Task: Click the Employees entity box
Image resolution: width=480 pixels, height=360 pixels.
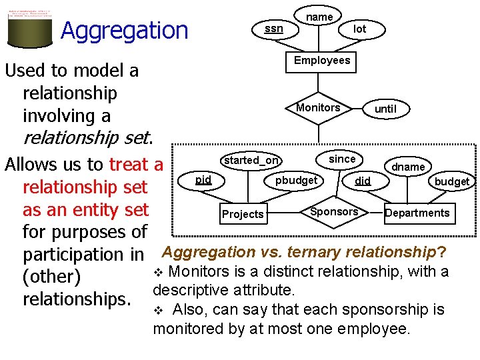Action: [322, 61]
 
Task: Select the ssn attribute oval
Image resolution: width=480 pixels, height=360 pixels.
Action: [273, 29]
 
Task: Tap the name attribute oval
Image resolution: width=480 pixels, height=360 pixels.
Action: [319, 15]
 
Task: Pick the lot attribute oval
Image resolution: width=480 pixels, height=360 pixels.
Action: [359, 29]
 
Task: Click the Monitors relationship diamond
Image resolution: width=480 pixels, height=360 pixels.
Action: [318, 108]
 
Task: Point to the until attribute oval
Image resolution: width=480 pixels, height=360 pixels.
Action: [385, 109]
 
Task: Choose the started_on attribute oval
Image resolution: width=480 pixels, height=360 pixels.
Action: [251, 160]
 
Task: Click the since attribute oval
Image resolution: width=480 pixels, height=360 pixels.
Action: [342, 159]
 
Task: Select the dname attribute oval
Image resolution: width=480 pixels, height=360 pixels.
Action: [408, 167]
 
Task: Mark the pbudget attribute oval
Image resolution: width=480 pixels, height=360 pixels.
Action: [297, 181]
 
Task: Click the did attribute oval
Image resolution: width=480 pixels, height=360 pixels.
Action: [363, 181]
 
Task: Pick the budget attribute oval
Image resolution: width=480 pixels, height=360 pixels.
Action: [452, 181]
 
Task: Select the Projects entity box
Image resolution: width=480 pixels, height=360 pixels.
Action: [243, 214]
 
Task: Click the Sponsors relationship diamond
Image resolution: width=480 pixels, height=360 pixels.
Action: [334, 212]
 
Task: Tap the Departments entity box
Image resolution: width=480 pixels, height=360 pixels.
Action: [417, 213]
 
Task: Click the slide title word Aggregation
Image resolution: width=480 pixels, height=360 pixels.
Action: [125, 30]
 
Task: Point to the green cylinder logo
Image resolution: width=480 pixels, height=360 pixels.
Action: [29, 28]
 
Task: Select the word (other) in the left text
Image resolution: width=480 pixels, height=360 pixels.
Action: [51, 277]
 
